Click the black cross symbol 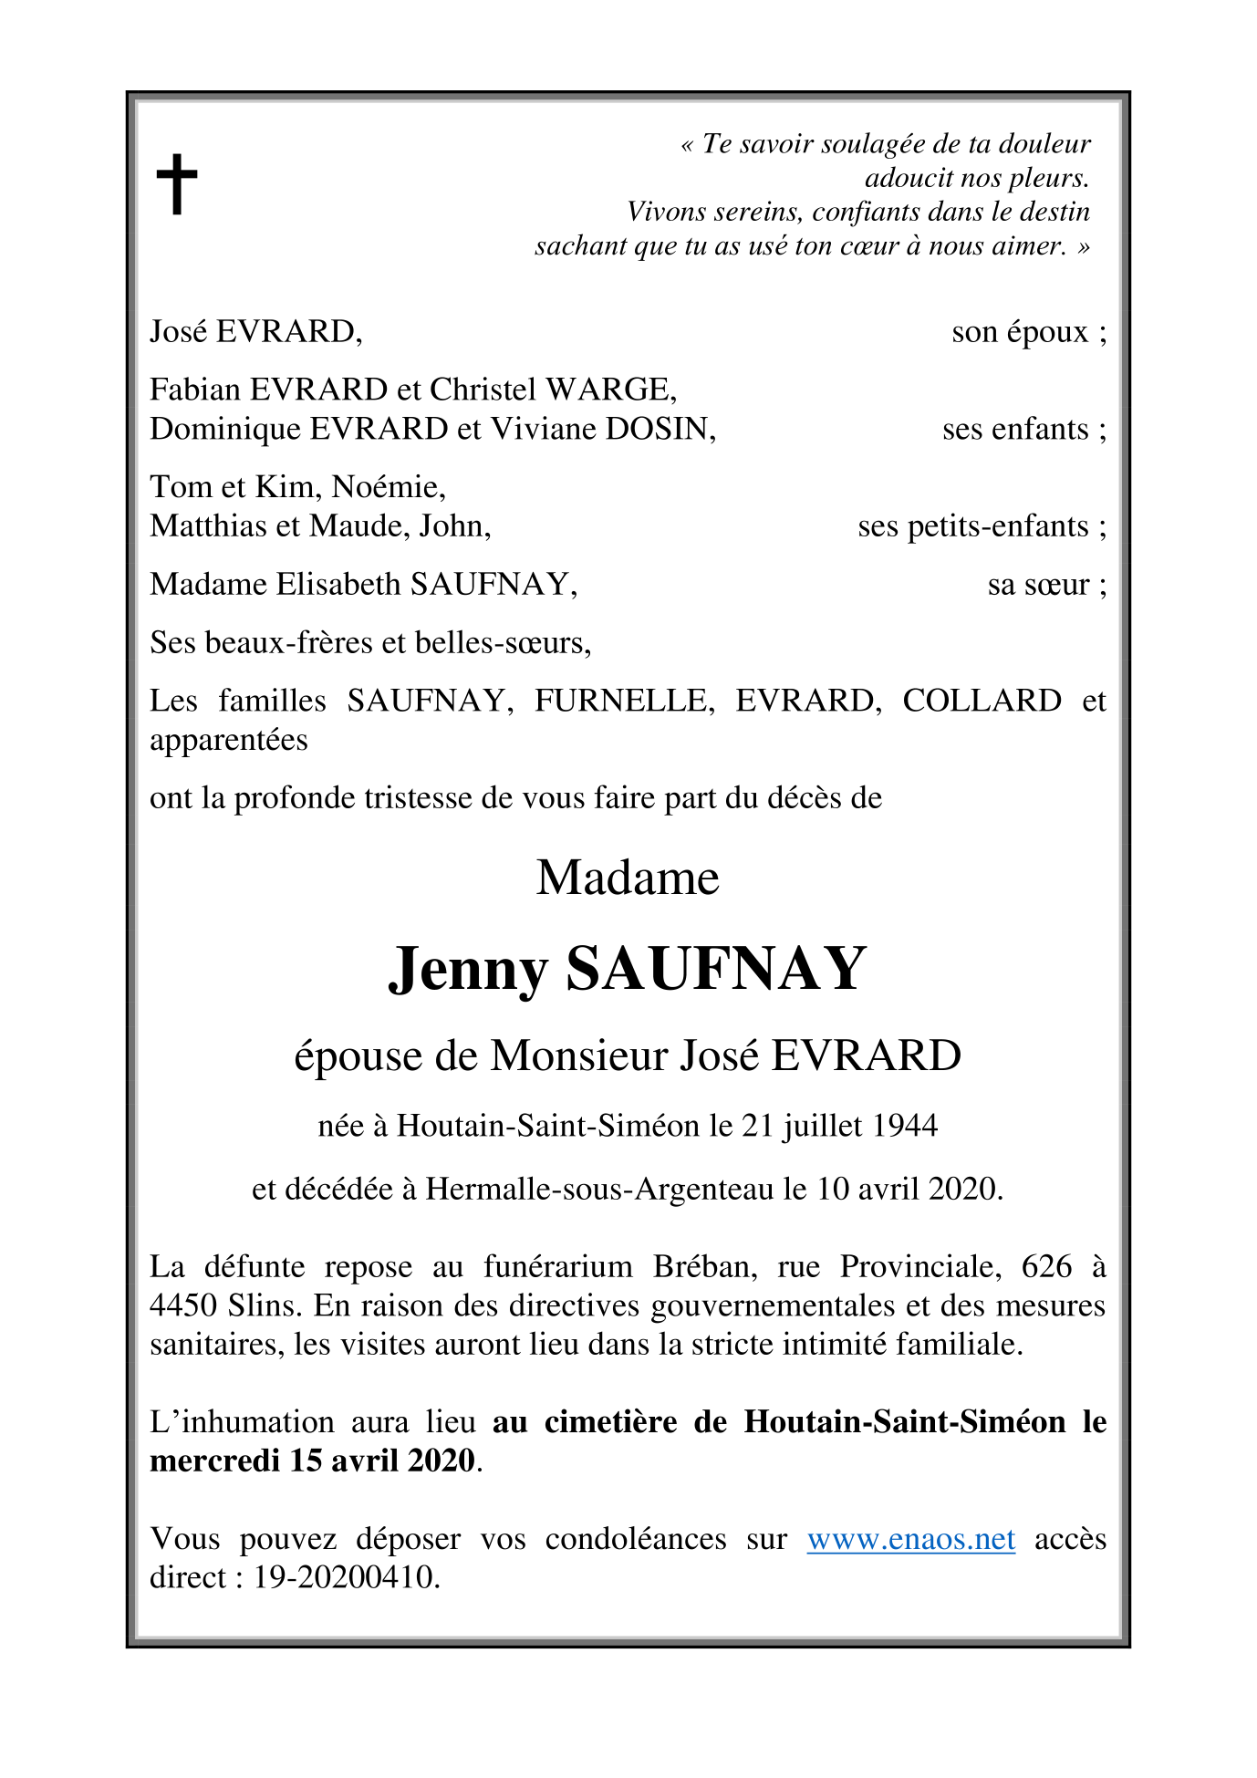[x=177, y=184]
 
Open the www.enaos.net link [x=910, y=1539]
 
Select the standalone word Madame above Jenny [x=628, y=879]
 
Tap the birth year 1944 [x=904, y=1127]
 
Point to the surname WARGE [x=610, y=390]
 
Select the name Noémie [x=389, y=487]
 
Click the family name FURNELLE [x=624, y=701]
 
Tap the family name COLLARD [x=982, y=701]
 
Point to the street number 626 [x=1046, y=1266]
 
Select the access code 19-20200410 [x=346, y=1577]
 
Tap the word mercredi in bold [x=214, y=1461]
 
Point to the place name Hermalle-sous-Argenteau [x=599, y=1189]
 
